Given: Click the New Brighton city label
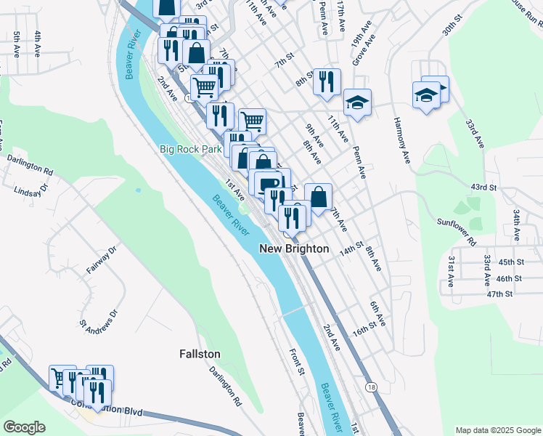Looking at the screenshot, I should tap(295, 249).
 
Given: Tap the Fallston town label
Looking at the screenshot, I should tap(200, 354).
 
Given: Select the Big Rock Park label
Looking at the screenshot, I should tap(190, 149).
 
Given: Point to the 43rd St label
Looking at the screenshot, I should tap(483, 187).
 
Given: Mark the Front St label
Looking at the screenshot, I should tap(296, 362).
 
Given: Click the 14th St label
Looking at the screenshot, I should tap(352, 249).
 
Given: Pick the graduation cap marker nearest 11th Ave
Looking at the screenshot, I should tap(357, 102).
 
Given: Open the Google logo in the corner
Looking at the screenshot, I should tap(24, 427).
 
